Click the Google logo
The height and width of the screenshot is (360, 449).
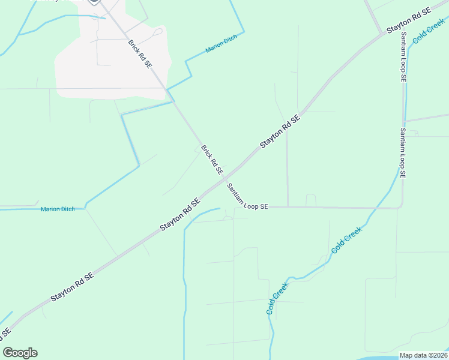[20, 353]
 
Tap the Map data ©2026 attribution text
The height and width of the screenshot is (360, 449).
[423, 355]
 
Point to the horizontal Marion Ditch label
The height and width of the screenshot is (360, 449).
[57, 209]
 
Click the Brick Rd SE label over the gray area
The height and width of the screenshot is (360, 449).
[140, 54]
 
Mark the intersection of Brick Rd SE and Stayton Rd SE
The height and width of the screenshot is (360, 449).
[223, 178]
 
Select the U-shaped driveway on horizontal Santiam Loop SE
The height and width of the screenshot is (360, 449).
[311, 200]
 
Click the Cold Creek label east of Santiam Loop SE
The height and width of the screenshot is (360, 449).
[429, 29]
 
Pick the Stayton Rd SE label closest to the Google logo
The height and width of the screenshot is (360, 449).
[73, 287]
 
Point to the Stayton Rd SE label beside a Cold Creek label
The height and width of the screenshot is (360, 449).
[409, 20]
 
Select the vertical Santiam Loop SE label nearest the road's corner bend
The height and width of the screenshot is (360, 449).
[403, 154]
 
